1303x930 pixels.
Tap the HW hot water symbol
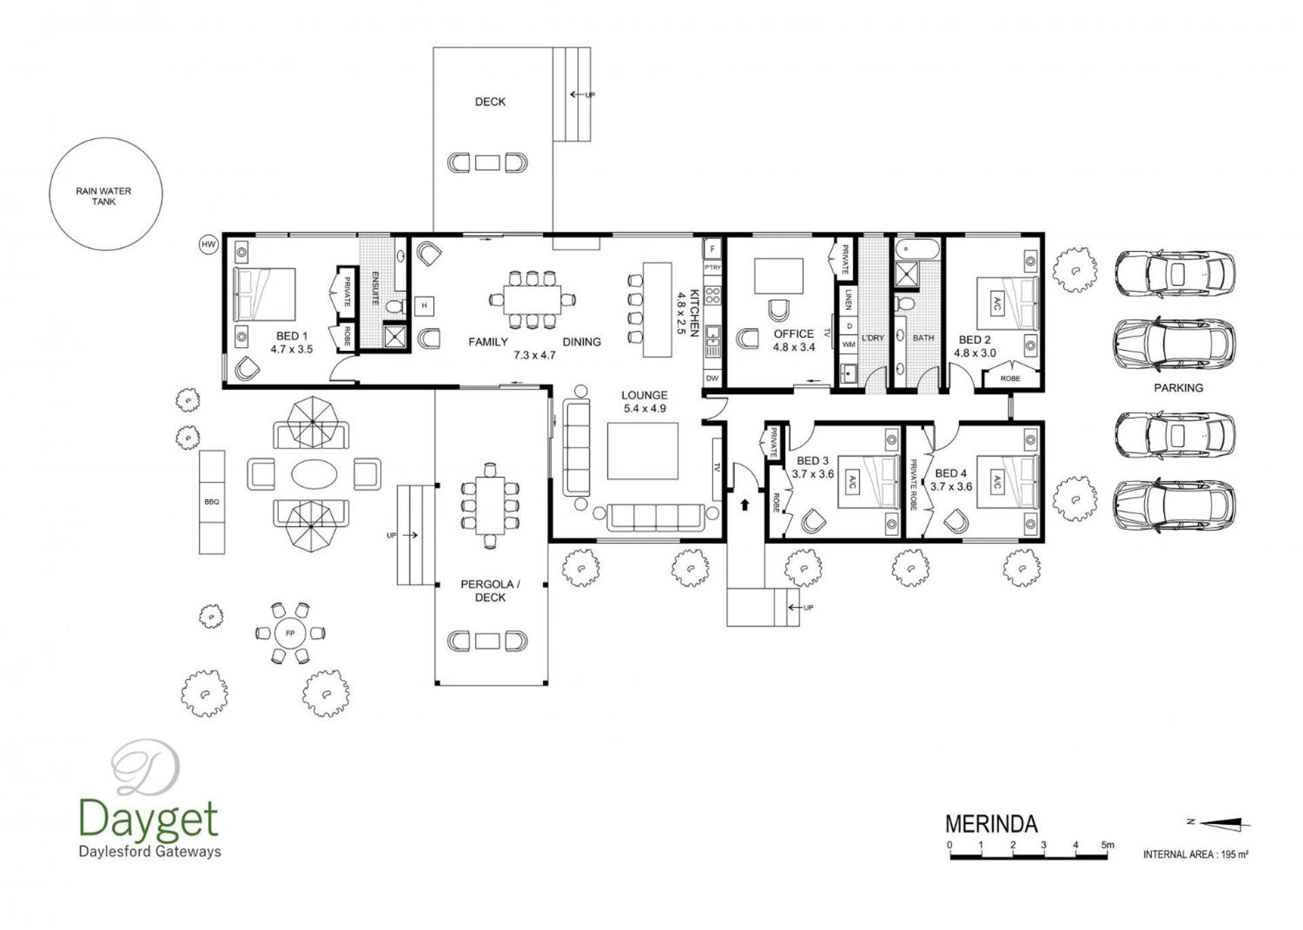point(208,244)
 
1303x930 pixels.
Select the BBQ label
point(212,502)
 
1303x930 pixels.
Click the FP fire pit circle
point(290,633)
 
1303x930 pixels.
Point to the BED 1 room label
point(292,336)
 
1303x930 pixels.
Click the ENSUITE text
point(375,288)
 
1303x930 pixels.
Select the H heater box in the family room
point(424,306)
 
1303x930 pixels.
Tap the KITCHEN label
point(694,313)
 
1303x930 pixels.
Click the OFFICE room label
point(793,334)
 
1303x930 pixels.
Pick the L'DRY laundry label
point(873,338)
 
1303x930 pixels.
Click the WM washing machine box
point(849,345)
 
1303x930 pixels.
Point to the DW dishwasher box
point(712,379)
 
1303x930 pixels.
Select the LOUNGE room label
point(644,395)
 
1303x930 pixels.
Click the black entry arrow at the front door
point(744,505)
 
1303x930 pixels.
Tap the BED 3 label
point(812,461)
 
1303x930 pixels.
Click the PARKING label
point(1178,388)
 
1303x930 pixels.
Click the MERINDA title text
point(992,824)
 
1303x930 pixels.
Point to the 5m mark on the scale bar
point(1108,845)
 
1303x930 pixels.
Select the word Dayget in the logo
point(149,819)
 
